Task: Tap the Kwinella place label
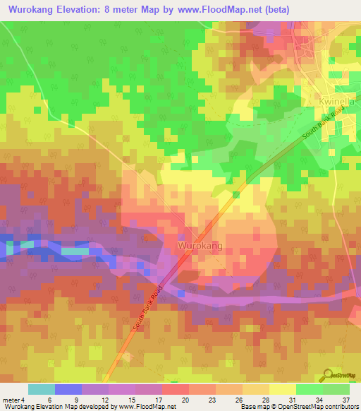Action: pos(336,102)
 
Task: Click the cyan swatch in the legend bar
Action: pos(41,389)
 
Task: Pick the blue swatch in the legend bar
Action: pos(68,389)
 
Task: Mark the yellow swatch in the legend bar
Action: pos(282,389)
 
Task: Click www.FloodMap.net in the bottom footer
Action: pos(143,407)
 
